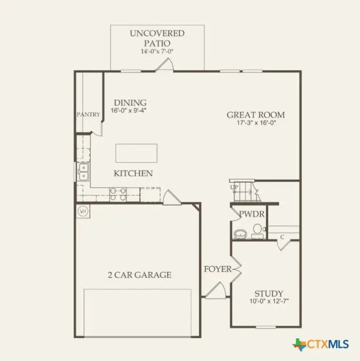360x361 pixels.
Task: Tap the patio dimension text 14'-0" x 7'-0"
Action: tap(157, 51)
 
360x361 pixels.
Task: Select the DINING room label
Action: tap(129, 102)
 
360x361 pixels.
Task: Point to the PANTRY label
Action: tap(89, 114)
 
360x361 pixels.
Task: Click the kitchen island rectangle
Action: tap(136, 153)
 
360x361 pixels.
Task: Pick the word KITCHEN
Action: tap(133, 173)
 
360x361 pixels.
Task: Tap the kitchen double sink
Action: tap(83, 172)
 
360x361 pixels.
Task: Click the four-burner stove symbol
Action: tap(118, 194)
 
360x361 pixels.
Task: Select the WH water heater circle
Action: tap(83, 211)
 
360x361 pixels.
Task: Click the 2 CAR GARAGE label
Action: tap(139, 275)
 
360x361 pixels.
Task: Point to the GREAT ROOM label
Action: tap(256, 115)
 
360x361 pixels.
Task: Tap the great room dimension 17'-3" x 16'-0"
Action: tap(256, 124)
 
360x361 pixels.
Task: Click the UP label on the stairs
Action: tap(234, 188)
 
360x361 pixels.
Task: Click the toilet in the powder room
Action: tap(257, 230)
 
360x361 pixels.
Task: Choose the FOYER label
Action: tap(217, 269)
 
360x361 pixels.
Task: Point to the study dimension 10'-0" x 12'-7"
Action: tap(269, 302)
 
